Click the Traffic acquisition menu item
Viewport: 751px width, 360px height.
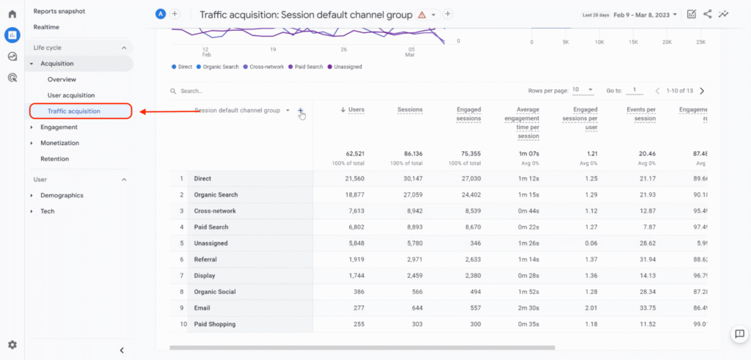tap(74, 111)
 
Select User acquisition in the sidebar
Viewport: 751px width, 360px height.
tap(71, 95)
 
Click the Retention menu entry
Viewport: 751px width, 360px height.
tap(55, 159)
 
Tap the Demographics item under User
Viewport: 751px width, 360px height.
tap(62, 196)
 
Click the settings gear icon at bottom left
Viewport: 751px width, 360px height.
tap(12, 345)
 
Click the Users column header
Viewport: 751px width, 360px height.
tap(356, 110)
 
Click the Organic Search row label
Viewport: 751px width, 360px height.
tap(216, 195)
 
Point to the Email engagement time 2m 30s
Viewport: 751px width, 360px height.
tap(527, 308)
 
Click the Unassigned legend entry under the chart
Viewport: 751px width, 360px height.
tap(348, 67)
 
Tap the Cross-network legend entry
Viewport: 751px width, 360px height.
tap(266, 67)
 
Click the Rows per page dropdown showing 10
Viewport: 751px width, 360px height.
tap(582, 90)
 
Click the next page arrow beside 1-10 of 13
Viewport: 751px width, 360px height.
tap(702, 91)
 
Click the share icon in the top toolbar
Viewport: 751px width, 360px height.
tap(708, 14)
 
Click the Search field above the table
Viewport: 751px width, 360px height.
tap(220, 91)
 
